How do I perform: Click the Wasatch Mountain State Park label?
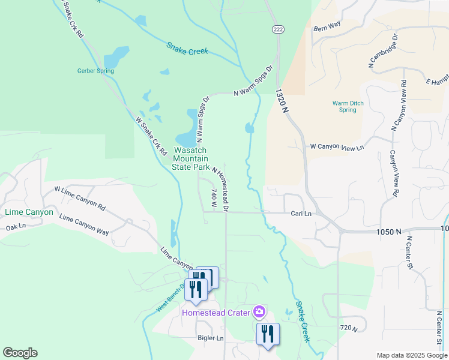pyautogui.click(x=191, y=158)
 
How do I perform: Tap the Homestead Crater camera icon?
pyautogui.click(x=259, y=311)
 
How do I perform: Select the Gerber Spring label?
pyautogui.click(x=95, y=71)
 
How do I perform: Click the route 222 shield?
pyautogui.click(x=277, y=29)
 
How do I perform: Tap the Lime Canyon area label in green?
pyautogui.click(x=29, y=212)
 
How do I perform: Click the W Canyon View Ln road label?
pyautogui.click(x=337, y=147)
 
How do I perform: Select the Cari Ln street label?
pyautogui.click(x=301, y=213)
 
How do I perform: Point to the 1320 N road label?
pyautogui.click(x=282, y=98)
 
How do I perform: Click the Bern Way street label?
pyautogui.click(x=327, y=26)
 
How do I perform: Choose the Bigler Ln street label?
pyautogui.click(x=211, y=338)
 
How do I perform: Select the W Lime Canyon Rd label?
pyautogui.click(x=80, y=198)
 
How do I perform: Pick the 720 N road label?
pyautogui.click(x=348, y=328)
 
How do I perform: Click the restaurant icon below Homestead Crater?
pyautogui.click(x=268, y=334)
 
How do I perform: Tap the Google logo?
pyautogui.click(x=20, y=353)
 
